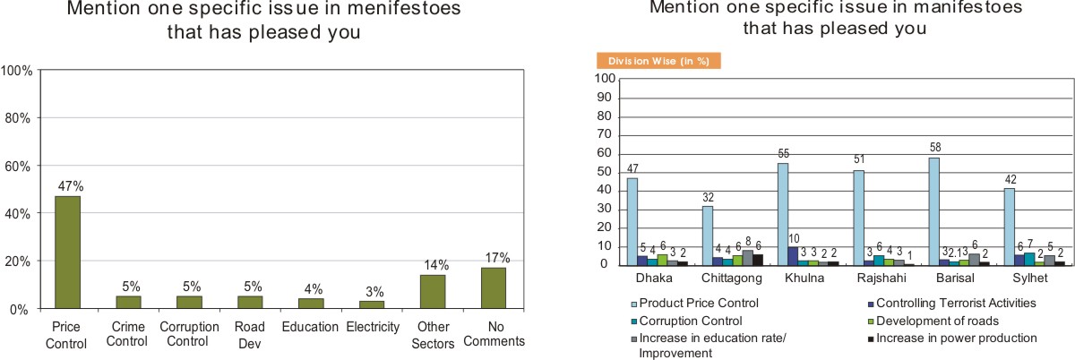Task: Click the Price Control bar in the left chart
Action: click(67, 253)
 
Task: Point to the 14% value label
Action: click(433, 266)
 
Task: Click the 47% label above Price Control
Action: click(67, 187)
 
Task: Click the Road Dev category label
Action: click(250, 335)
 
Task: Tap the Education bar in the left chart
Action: click(311, 304)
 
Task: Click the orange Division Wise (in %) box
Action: click(658, 62)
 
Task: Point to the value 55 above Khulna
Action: click(783, 154)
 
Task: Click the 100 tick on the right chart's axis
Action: click(603, 79)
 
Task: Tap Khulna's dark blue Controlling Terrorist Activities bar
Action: click(793, 256)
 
